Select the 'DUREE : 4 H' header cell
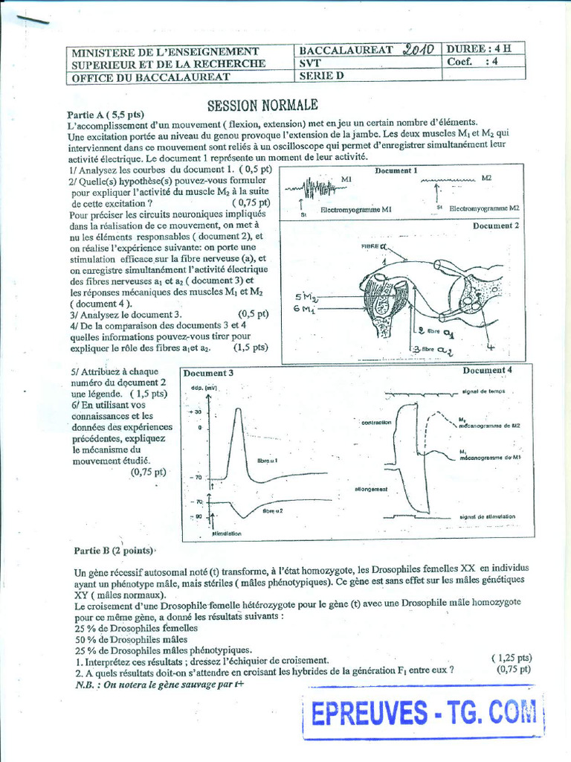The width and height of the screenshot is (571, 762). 479,49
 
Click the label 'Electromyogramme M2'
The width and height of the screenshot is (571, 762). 483,208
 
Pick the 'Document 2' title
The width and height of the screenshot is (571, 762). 496,225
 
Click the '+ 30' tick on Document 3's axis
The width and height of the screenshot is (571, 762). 196,412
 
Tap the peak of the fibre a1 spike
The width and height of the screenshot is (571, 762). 237,410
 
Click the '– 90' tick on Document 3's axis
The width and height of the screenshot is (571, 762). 196,516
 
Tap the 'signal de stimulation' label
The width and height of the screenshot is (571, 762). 487,516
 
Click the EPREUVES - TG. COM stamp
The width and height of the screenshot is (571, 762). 425,714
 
